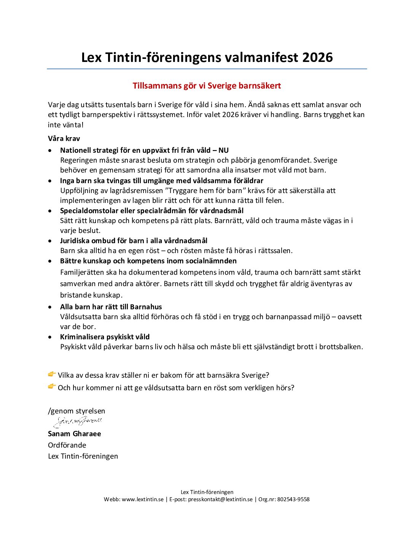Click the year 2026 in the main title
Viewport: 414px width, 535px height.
point(317,57)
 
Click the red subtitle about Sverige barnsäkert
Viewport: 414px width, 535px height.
point(207,86)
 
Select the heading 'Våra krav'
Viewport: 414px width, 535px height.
point(64,139)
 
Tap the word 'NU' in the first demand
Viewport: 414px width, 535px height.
point(223,150)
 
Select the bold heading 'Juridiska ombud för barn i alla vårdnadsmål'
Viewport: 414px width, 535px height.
point(134,241)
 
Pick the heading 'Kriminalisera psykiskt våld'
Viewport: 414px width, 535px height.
point(105,337)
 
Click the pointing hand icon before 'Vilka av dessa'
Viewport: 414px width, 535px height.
point(52,375)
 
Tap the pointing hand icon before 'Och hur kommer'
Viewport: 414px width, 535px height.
point(52,387)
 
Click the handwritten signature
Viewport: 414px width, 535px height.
point(78,421)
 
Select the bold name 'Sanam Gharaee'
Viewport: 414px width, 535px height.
point(75,434)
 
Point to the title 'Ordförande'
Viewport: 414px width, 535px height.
point(67,445)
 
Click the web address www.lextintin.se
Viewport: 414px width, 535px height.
point(143,500)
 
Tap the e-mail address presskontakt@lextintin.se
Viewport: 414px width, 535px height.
point(220,500)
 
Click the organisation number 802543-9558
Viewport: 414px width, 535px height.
point(293,500)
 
